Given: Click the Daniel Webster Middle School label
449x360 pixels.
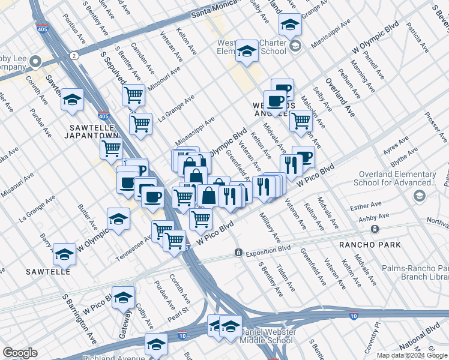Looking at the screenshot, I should [x=266, y=336].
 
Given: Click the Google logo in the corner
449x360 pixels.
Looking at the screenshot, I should [x=20, y=353].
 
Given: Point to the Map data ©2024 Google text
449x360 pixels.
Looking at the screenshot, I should [x=412, y=355].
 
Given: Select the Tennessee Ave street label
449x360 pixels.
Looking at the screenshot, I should [x=134, y=244].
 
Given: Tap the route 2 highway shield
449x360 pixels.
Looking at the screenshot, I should [x=74, y=55].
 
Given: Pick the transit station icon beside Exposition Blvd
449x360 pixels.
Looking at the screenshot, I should [x=238, y=253].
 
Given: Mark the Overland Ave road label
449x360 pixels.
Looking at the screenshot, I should [x=340, y=96].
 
